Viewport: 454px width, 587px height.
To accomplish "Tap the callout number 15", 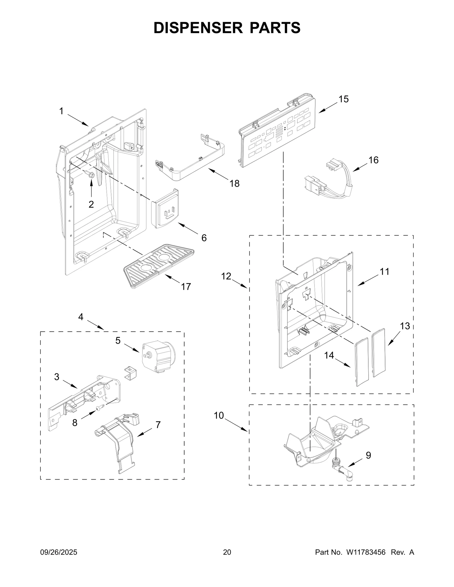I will pyautogui.click(x=343, y=99).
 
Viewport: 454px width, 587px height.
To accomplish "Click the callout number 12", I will pyautogui.click(x=226, y=276).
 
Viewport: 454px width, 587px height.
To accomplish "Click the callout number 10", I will pyautogui.click(x=219, y=416).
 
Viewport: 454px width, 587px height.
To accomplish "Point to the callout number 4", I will pyautogui.click(x=81, y=317).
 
